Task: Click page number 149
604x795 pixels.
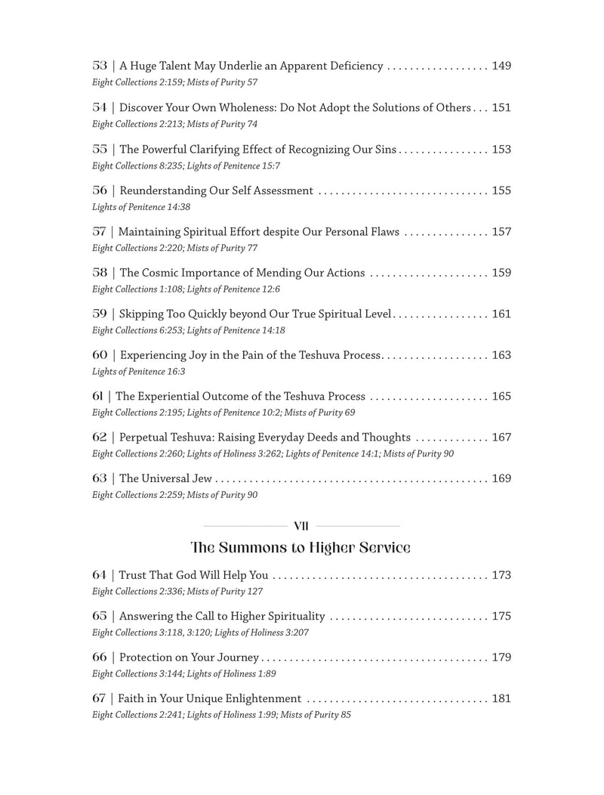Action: pos(501,66)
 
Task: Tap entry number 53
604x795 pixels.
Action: pos(100,66)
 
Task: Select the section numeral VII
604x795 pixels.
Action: pos(300,525)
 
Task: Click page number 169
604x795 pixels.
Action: pos(501,478)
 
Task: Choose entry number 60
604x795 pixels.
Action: pos(100,354)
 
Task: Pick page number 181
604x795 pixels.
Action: pos(501,698)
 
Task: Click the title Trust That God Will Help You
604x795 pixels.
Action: pos(193,575)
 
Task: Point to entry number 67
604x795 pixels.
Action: pos(100,698)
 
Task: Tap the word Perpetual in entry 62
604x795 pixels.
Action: pos(145,437)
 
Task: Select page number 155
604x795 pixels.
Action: pos(501,190)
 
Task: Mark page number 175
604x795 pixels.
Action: pos(501,616)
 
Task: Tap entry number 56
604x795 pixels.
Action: pos(100,190)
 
